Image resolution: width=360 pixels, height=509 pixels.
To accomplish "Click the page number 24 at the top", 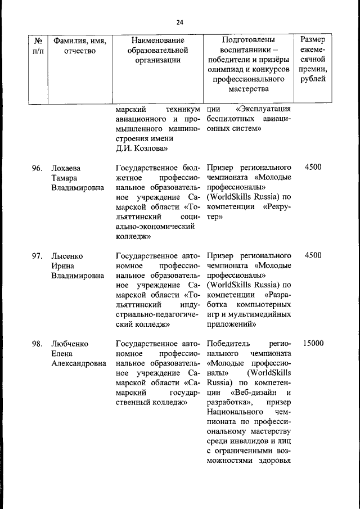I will pos(179,22).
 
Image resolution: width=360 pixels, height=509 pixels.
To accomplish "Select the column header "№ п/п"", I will pos(38,46).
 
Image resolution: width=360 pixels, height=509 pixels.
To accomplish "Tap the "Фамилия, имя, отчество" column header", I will pos(79,46).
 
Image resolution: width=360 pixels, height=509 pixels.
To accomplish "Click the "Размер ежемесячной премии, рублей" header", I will pos(312,59).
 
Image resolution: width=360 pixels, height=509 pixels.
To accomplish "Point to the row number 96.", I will pos(37,168).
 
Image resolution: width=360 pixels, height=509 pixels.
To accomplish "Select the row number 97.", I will pos(37,255).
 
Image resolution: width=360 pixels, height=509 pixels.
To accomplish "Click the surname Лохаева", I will pos(66,168).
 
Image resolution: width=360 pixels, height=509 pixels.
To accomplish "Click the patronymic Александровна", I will pos(79,363).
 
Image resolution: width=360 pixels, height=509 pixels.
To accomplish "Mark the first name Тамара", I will pos(64,178).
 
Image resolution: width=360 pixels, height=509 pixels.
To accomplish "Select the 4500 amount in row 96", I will pos(313,168).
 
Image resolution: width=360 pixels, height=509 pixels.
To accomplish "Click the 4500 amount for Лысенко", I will pos(313,255).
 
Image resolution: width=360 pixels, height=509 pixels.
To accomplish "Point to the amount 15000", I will pos(313,343).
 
